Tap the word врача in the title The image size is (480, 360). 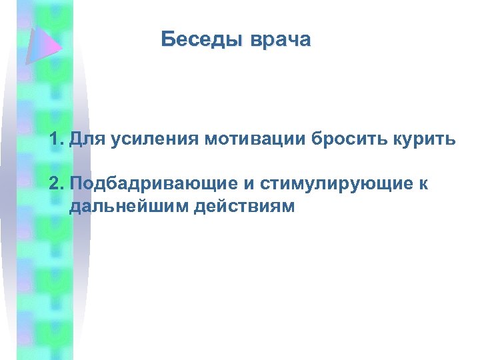click(281, 41)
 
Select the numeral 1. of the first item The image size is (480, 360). click(55, 140)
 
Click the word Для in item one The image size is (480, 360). click(85, 141)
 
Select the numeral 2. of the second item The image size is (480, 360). click(55, 183)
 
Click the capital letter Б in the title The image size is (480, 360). click(167, 40)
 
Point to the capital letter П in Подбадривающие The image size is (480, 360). click(74, 183)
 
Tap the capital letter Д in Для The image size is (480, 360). click(74, 141)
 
